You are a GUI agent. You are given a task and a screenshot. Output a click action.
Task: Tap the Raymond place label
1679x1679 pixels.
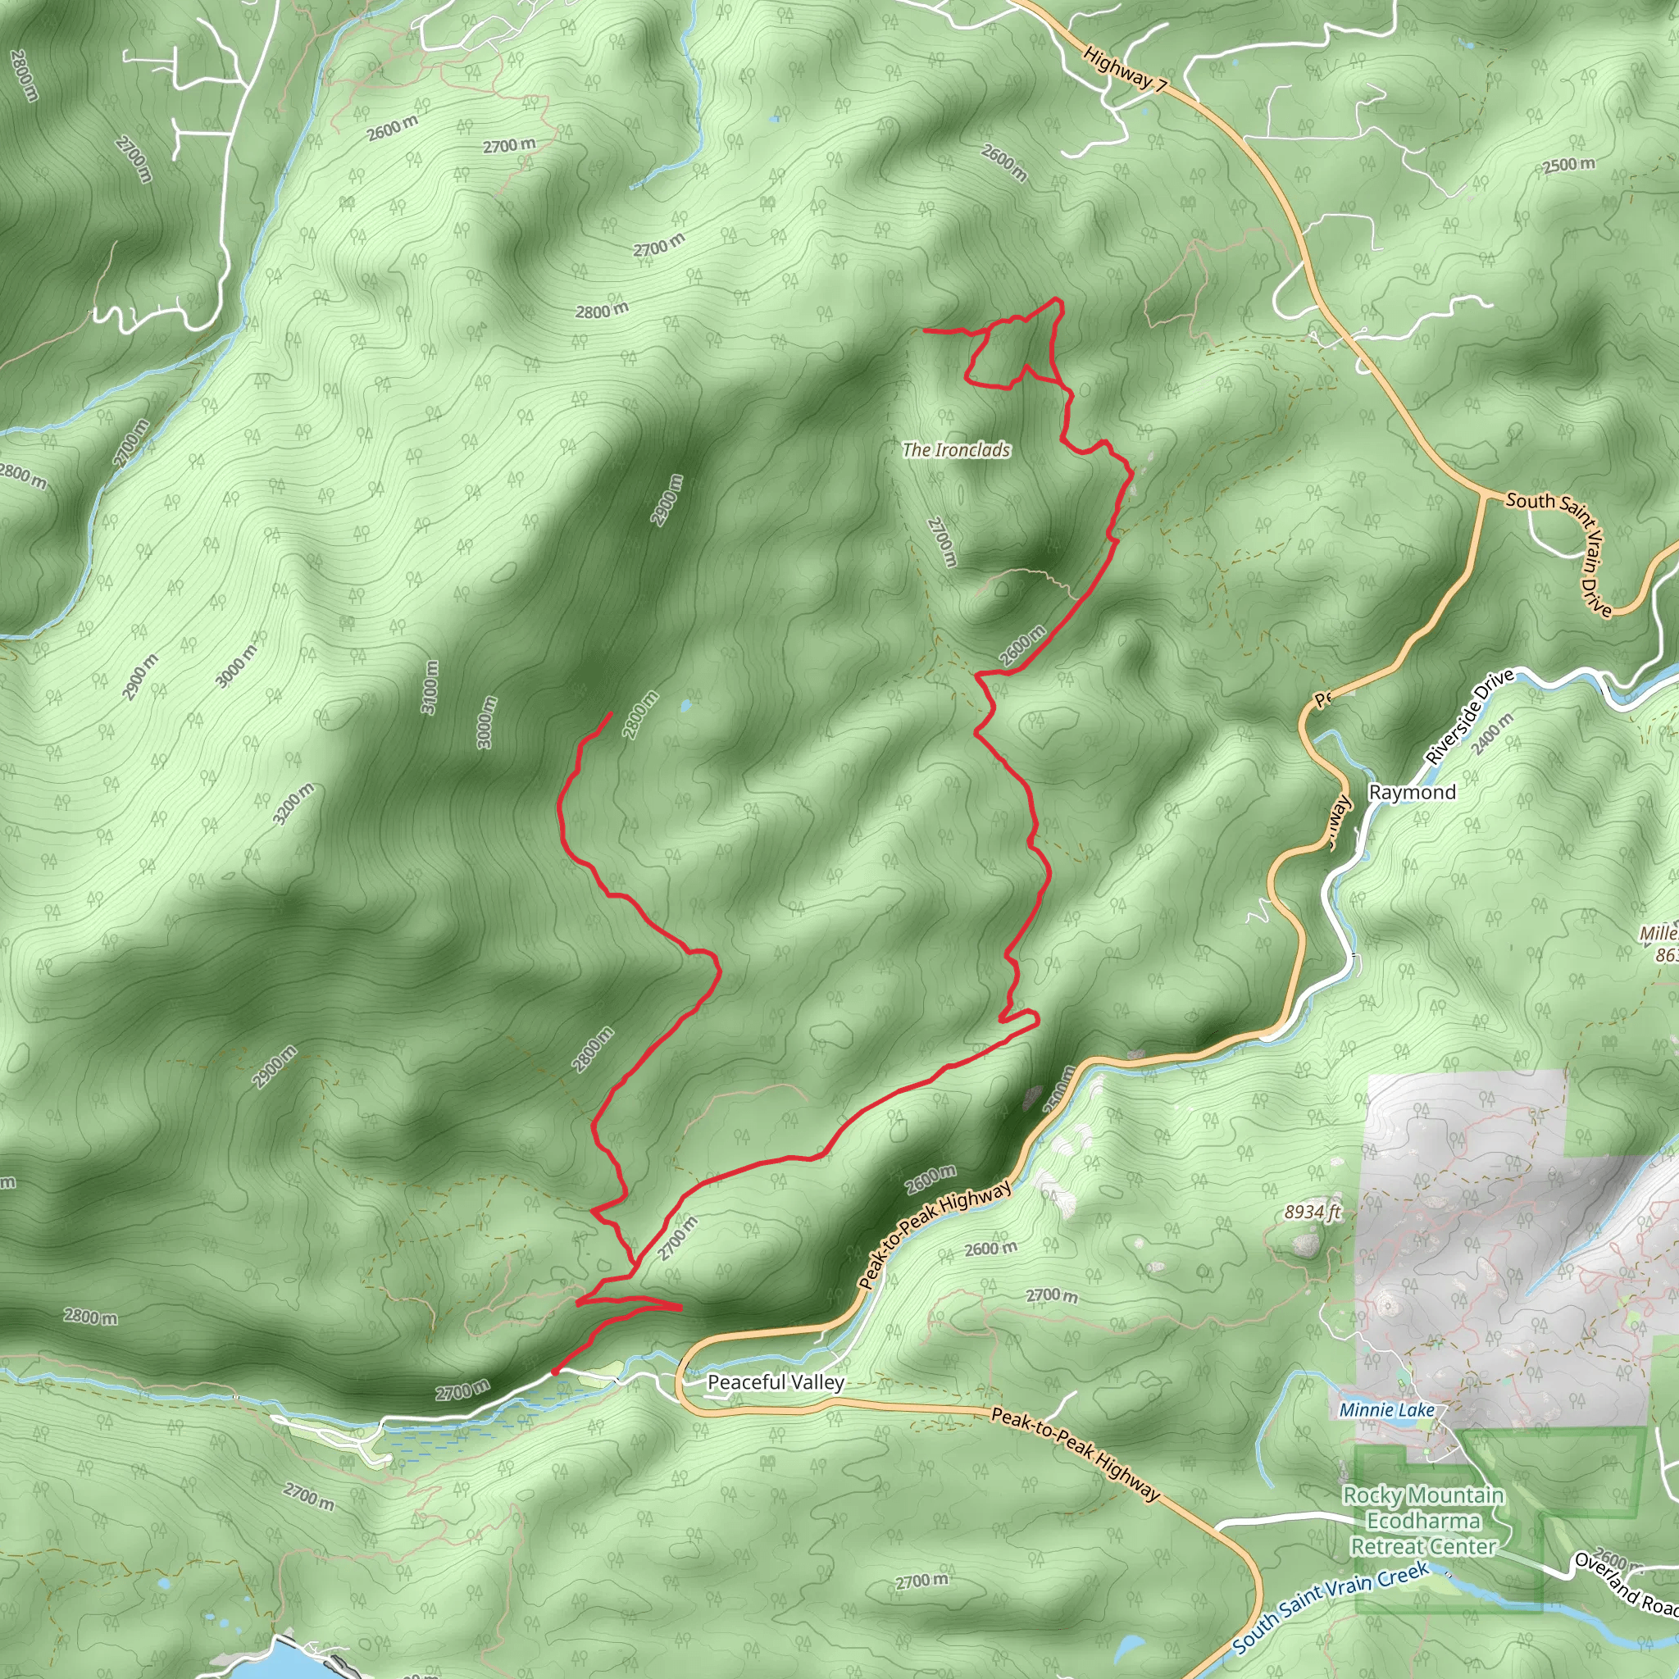(1413, 792)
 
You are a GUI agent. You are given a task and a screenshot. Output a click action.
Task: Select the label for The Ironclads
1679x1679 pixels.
(956, 449)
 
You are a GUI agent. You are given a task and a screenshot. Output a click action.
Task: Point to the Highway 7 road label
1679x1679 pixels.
(1124, 71)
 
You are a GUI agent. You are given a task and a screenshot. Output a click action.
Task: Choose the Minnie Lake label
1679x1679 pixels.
(1386, 1409)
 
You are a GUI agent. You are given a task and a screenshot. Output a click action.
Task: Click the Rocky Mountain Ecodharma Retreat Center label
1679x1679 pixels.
(1423, 1521)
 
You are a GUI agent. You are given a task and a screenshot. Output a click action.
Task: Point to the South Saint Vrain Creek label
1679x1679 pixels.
(1330, 1607)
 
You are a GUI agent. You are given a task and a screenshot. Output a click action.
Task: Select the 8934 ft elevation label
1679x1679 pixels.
(1313, 1213)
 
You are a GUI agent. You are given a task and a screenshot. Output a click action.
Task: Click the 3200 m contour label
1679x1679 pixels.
(293, 805)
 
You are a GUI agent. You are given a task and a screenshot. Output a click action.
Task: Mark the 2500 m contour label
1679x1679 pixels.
(1568, 164)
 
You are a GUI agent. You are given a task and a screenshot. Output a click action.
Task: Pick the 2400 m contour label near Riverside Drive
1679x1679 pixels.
(1494, 735)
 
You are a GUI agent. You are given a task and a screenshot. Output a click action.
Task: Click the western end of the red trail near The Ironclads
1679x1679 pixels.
(924, 330)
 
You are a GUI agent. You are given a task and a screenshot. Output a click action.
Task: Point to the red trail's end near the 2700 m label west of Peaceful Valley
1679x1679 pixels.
(553, 1374)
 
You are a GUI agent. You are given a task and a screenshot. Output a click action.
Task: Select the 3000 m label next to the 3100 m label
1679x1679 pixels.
(487, 722)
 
